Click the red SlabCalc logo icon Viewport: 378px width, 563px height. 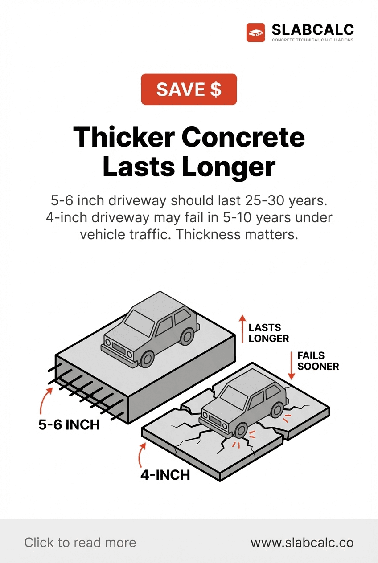[x=256, y=33]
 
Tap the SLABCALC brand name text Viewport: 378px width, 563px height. [x=312, y=30]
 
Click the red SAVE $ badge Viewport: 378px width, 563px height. [x=189, y=90]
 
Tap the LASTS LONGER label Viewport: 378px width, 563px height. [x=268, y=333]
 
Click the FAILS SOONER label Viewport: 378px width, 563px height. [x=318, y=361]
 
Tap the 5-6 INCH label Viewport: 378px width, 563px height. [x=69, y=424]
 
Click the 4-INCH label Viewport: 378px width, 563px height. [x=165, y=475]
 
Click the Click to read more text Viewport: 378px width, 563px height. [x=80, y=543]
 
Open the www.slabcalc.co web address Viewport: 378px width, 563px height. [x=302, y=543]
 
